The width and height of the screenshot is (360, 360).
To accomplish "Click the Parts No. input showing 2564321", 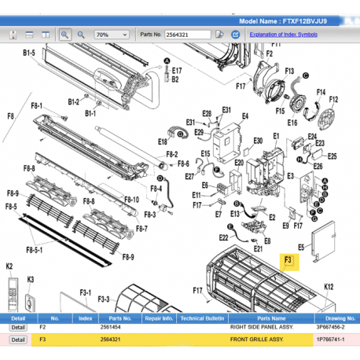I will coord(188,35).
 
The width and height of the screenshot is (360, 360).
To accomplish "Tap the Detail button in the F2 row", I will coord(17,326).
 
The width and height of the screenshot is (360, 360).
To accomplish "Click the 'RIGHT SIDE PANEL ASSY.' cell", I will coord(256,326).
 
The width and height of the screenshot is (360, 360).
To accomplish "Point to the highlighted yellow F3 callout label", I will coord(288,261).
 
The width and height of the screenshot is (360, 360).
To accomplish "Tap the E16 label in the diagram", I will coord(292,123).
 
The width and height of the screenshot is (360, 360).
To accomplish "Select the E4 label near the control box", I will coord(245,116).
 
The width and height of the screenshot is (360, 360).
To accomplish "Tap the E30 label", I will coord(258,141).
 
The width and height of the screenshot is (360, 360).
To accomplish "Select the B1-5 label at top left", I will coord(29,53).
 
